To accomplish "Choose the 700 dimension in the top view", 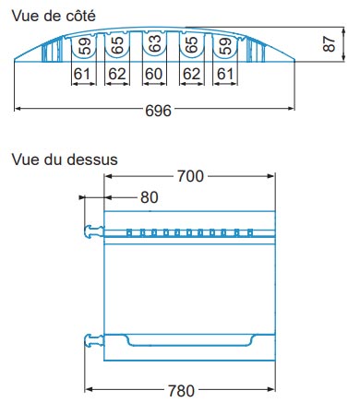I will [190, 177].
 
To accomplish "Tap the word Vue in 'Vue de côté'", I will [25, 13].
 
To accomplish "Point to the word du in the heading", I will [56, 159].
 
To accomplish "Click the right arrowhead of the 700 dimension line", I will [274, 177].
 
